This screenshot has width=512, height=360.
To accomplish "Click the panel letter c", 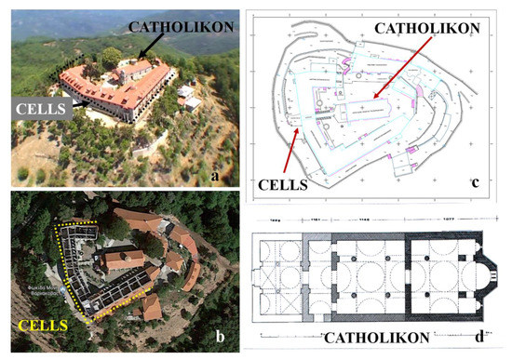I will tap(474, 183).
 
